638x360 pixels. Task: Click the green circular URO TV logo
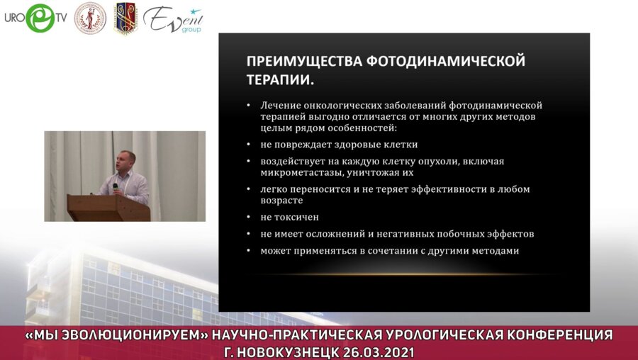[39, 18]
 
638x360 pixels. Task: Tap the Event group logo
[172, 19]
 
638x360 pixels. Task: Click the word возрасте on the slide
[281, 201]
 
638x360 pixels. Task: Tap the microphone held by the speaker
[116, 186]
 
